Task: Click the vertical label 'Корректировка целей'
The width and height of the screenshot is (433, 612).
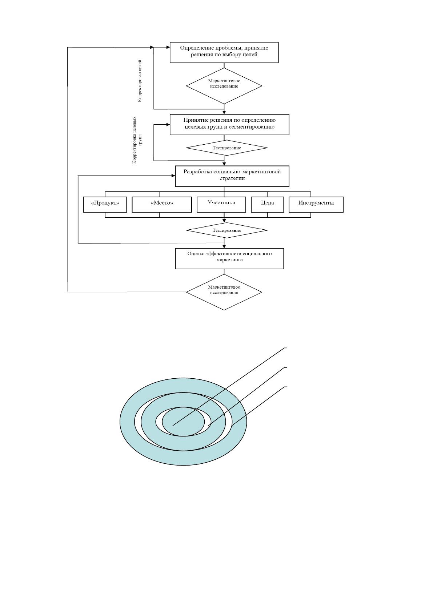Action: (x=140, y=81)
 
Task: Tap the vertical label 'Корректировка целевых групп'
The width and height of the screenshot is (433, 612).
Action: (x=137, y=140)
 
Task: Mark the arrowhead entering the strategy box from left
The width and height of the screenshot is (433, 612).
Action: (x=173, y=176)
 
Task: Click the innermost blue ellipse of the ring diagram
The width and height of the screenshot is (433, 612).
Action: (x=183, y=422)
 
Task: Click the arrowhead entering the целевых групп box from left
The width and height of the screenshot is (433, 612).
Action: (x=168, y=125)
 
